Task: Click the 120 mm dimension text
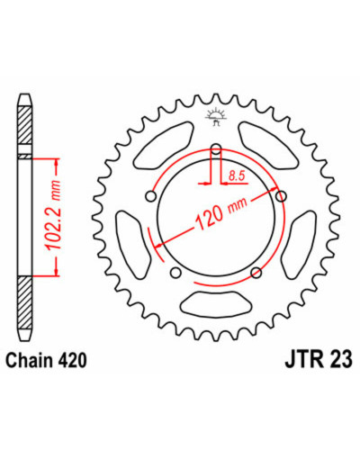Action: pyautogui.click(x=221, y=212)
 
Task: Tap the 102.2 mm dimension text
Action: pyautogui.click(x=54, y=215)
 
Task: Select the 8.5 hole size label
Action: pyautogui.click(x=237, y=176)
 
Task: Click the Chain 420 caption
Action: pyautogui.click(x=47, y=360)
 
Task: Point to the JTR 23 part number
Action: pyautogui.click(x=319, y=360)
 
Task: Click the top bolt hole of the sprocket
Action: pyautogui.click(x=216, y=148)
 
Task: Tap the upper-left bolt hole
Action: pyautogui.click(x=151, y=197)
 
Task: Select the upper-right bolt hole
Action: pyautogui.click(x=281, y=196)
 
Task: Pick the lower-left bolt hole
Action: pyautogui.click(x=175, y=273)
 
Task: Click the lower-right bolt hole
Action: pyautogui.click(x=256, y=273)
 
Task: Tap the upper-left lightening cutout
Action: pyautogui.click(x=164, y=145)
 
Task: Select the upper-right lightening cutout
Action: pyautogui.click(x=268, y=145)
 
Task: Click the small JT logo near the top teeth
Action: pyautogui.click(x=215, y=117)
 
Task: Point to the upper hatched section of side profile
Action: pyautogui.click(x=24, y=125)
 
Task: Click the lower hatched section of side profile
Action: pyautogui.click(x=24, y=303)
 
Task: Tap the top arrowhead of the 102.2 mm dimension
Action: pyautogui.click(x=56, y=162)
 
